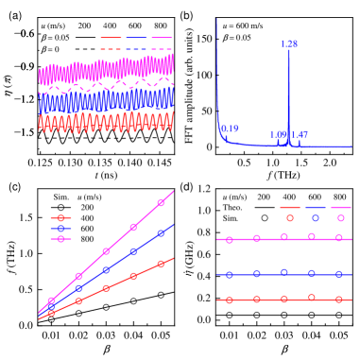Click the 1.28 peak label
coord(289,44)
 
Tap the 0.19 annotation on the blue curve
coord(230,129)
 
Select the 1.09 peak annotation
coord(279,134)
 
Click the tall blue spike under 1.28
coord(288,94)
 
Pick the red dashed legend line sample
coord(111,48)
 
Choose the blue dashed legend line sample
coord(136,48)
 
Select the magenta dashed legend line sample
coord(162,48)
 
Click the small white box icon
coord(188,273)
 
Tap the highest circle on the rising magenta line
coord(161,202)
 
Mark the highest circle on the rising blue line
coord(161,232)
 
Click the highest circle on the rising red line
coord(161,264)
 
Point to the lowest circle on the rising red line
coord(51,312)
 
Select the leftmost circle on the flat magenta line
coord(229,240)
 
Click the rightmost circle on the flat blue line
coord(338,274)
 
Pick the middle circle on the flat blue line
coord(283,272)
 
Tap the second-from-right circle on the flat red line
coord(311,297)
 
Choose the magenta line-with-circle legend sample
coord(60,239)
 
